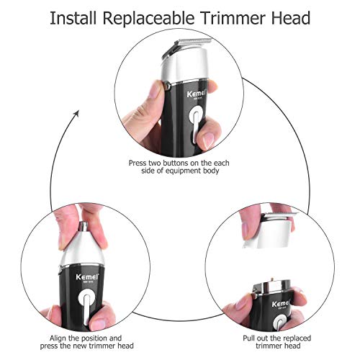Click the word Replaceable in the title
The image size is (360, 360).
(x=149, y=19)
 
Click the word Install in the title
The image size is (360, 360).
(x=73, y=18)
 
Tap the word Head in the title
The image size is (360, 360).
(x=291, y=18)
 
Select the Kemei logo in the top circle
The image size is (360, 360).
(x=197, y=94)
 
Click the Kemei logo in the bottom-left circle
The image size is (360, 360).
(x=87, y=276)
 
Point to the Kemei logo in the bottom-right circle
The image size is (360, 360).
(x=281, y=304)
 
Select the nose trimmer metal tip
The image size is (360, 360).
(x=83, y=226)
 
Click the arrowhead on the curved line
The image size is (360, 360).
(x=76, y=113)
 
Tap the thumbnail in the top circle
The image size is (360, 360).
(x=207, y=140)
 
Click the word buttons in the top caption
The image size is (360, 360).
(x=176, y=163)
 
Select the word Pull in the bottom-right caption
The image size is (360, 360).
(x=248, y=338)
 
